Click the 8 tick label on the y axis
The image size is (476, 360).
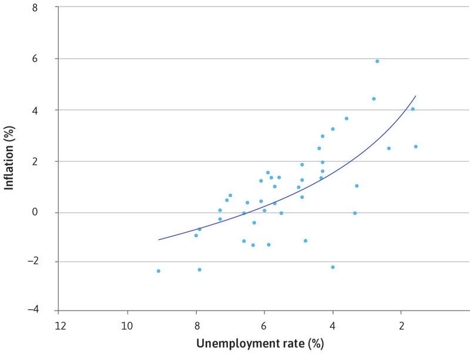42,8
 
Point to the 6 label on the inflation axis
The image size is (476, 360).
42,59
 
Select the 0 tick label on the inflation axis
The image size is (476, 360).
42,212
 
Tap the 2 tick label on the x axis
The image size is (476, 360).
401,325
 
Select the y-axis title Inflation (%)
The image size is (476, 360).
10,159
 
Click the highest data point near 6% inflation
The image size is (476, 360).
377,61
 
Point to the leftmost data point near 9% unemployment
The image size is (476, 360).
159,271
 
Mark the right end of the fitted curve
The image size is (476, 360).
416,96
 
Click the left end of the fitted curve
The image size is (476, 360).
159,239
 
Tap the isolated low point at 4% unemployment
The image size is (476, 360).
333,267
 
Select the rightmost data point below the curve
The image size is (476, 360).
416,146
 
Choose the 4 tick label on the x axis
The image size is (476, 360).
333,325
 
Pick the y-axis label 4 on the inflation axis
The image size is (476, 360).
42,111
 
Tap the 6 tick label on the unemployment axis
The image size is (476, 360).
264,325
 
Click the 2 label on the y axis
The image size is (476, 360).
42,161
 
